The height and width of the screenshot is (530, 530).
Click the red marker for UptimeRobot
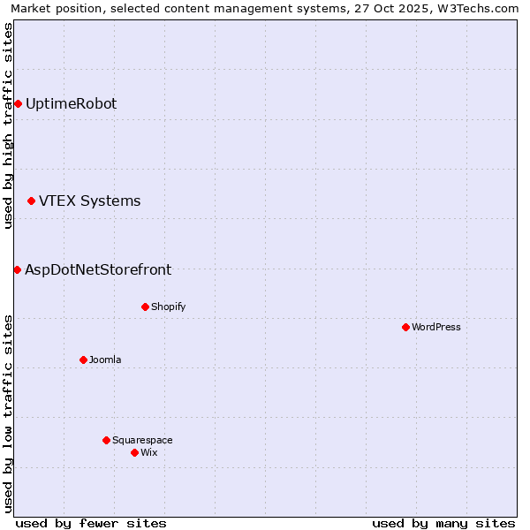tap(18, 104)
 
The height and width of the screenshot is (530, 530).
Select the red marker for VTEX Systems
tap(32, 201)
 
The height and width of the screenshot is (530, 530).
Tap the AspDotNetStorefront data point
tap(17, 269)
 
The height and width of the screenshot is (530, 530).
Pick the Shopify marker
tap(145, 307)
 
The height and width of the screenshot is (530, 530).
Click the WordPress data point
tap(405, 328)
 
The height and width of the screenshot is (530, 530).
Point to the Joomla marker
tap(83, 360)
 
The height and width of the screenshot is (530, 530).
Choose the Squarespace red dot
tap(106, 440)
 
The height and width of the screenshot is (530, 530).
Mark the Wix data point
tap(134, 452)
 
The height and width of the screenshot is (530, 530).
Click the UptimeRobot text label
tap(71, 104)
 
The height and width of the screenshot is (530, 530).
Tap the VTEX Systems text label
tap(89, 201)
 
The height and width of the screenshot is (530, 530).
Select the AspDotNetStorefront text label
tap(98, 270)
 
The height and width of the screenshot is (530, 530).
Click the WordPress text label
tap(436, 328)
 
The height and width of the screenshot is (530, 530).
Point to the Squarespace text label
tap(142, 440)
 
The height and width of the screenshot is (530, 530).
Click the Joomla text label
tap(105, 360)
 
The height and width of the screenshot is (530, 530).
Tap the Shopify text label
tap(168, 307)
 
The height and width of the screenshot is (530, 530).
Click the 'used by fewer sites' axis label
tap(91, 523)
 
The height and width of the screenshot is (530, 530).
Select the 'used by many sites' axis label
tap(443, 523)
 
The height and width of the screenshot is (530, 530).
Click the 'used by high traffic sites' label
tap(8, 125)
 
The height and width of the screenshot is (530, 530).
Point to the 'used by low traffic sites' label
tap(8, 413)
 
